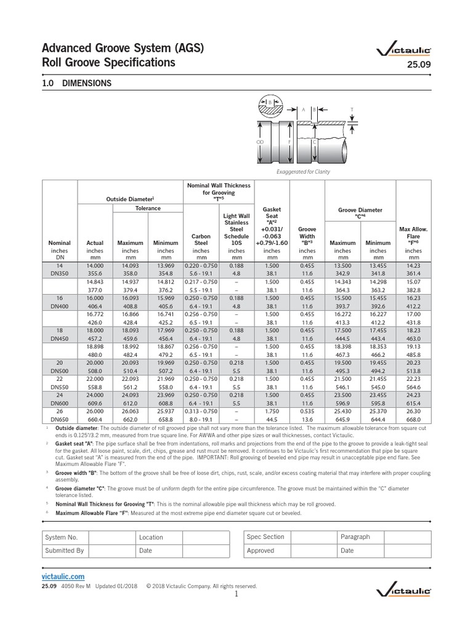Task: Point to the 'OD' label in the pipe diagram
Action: (x=259, y=142)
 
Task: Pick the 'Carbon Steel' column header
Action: (x=201, y=239)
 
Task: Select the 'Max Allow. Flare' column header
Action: (x=413, y=236)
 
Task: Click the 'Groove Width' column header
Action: (x=307, y=236)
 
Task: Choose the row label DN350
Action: (x=59, y=273)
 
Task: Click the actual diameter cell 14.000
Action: (x=95, y=265)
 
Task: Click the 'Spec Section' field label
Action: (x=265, y=537)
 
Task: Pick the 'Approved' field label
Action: (x=261, y=551)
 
